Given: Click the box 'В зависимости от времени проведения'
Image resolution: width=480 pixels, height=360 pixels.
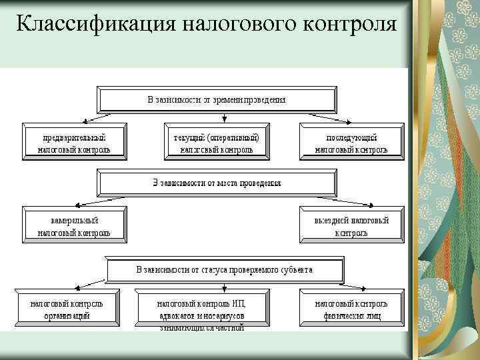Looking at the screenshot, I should (x=217, y=99).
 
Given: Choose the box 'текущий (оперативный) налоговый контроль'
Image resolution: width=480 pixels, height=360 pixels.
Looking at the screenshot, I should (x=217, y=143).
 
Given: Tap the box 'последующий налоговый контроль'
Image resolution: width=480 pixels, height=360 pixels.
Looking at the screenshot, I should (x=351, y=143).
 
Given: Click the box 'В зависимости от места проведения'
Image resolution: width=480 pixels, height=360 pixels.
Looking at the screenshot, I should (x=217, y=182).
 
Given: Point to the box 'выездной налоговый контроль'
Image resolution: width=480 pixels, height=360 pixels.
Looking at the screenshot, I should (x=351, y=226).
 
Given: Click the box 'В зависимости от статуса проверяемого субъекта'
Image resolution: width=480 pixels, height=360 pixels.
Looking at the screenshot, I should (x=225, y=270).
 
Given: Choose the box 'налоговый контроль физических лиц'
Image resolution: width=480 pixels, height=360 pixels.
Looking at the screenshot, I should (x=351, y=309).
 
